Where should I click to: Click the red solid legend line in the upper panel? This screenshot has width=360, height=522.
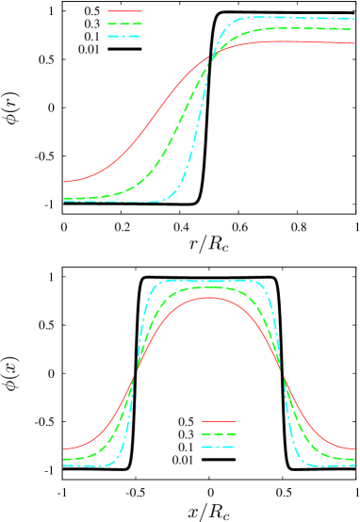[x=124, y=11]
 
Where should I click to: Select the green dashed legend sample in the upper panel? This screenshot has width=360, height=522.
[x=124, y=24]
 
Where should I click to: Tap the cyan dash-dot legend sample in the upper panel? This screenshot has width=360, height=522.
[x=124, y=36]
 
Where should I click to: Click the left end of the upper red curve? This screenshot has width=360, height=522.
[x=64, y=181]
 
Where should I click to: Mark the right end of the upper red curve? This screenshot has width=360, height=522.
[x=355, y=43]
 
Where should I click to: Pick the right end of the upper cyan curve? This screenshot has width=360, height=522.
[x=355, y=19]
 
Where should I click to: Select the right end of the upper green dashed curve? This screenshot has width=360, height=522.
[x=355, y=29]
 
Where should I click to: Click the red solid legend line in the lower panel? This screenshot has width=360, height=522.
[x=219, y=421]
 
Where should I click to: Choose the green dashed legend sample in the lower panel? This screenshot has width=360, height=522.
[x=219, y=433]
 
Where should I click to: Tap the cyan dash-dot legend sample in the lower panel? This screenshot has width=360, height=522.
[x=219, y=446]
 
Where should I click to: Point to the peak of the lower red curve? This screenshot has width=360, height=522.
[x=208, y=298]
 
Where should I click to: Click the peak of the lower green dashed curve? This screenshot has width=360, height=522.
[x=208, y=286]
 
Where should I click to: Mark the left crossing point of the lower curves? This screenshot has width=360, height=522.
[x=135, y=374]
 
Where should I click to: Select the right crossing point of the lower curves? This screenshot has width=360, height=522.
[x=283, y=374]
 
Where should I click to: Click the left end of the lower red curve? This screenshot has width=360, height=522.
[x=64, y=449]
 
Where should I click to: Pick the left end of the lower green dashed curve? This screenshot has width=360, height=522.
[x=64, y=459]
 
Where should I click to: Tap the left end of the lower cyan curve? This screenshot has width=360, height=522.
[x=64, y=465]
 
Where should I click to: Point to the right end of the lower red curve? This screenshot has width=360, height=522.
[x=355, y=449]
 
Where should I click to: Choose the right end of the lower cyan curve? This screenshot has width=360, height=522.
[x=355, y=465]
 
